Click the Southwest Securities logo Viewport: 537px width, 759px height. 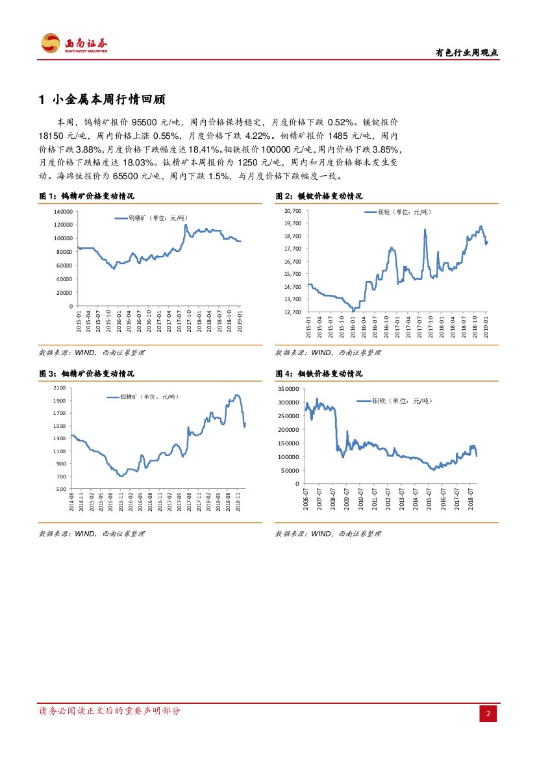(74, 44)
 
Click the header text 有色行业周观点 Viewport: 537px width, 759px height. (466, 54)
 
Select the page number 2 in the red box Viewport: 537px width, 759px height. (488, 714)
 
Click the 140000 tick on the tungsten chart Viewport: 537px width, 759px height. (64, 212)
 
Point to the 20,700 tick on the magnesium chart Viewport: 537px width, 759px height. (292, 211)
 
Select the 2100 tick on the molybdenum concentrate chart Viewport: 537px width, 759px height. (60, 388)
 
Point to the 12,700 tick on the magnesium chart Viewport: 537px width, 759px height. (292, 312)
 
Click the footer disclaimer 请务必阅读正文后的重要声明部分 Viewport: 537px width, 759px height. (110, 711)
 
